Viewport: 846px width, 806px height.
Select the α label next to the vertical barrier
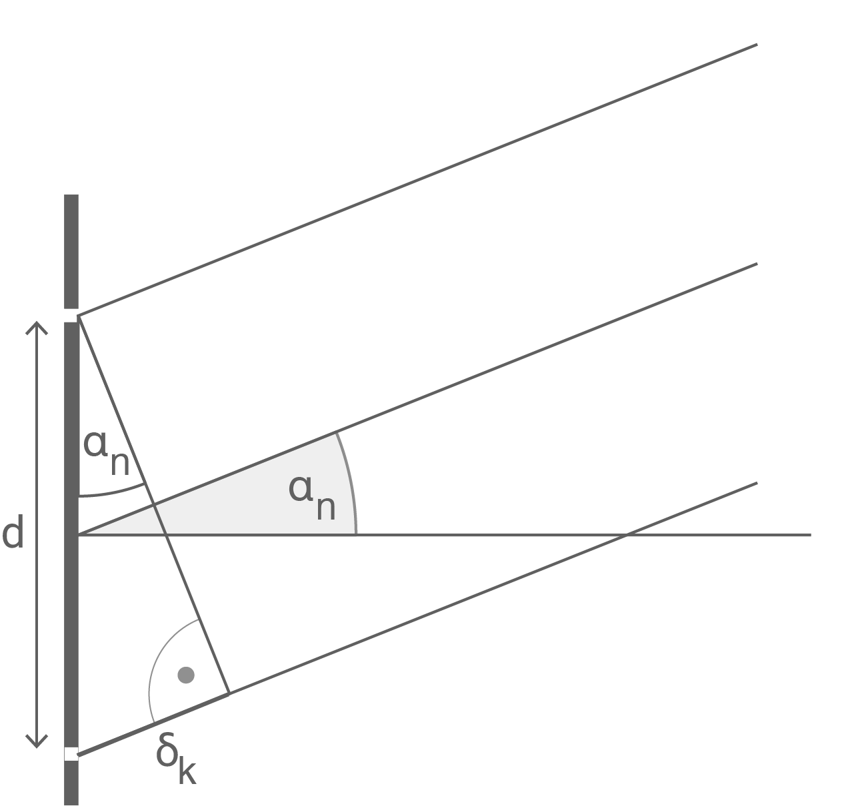pyautogui.click(x=95, y=444)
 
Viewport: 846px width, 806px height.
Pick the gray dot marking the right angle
pyautogui.click(x=186, y=675)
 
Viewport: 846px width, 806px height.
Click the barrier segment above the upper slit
pyautogui.click(x=71, y=252)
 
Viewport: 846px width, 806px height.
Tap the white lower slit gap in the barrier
pyautogui.click(x=71, y=754)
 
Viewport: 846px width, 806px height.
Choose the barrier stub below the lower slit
pyautogui.click(x=71, y=783)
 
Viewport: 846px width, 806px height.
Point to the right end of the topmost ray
pyautogui.click(x=757, y=45)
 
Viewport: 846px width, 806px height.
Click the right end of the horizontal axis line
pyautogui.click(x=811, y=535)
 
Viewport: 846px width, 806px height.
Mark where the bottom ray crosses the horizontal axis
pyautogui.click(x=627, y=535)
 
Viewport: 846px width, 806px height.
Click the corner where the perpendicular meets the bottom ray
pyautogui.click(x=229, y=693)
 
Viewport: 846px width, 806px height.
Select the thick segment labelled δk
pyautogui.click(x=153, y=724)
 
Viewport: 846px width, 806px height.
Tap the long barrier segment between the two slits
pyautogui.click(x=71, y=535)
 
